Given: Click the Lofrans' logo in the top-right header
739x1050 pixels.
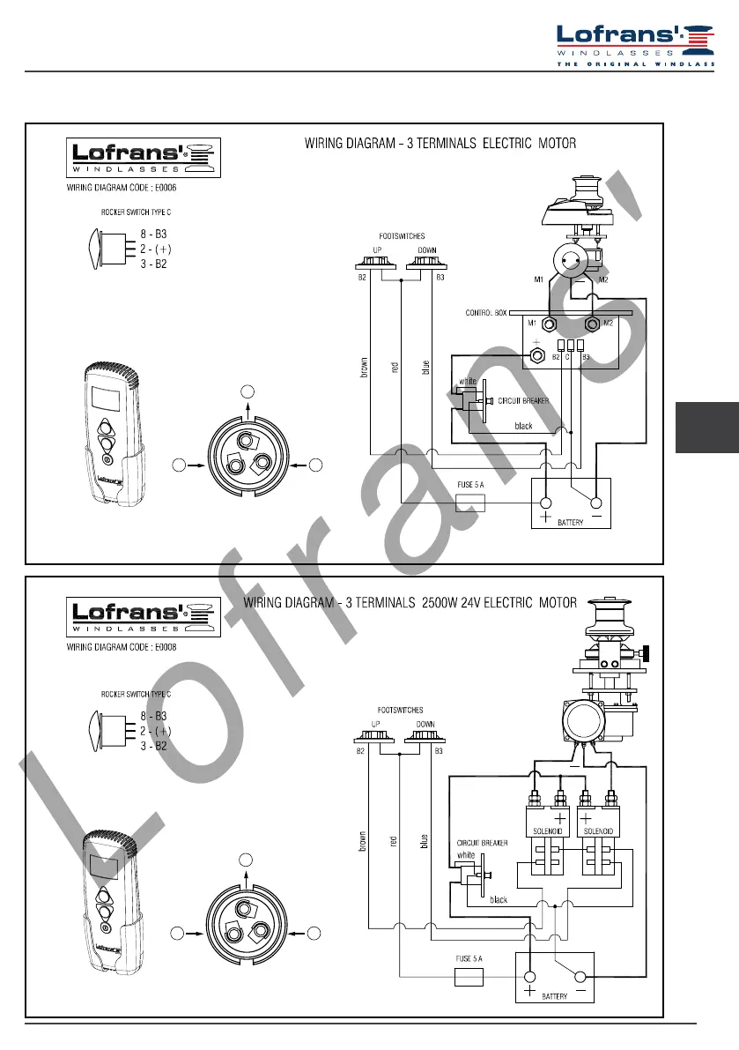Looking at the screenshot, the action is (x=635, y=44).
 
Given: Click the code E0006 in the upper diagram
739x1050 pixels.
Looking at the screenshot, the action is (x=166, y=188).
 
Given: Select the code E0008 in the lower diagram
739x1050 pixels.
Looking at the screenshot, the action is (x=166, y=648).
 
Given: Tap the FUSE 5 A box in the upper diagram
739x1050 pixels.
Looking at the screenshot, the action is (x=470, y=503).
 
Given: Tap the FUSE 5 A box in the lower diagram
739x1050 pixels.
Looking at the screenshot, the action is (x=469, y=977).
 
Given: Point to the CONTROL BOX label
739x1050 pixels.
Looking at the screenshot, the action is (x=485, y=313).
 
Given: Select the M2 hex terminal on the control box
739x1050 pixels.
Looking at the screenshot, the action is (x=592, y=324).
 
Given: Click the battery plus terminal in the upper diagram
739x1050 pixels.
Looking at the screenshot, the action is (x=546, y=503).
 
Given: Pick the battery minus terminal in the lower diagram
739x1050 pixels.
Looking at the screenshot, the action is (x=580, y=978).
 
